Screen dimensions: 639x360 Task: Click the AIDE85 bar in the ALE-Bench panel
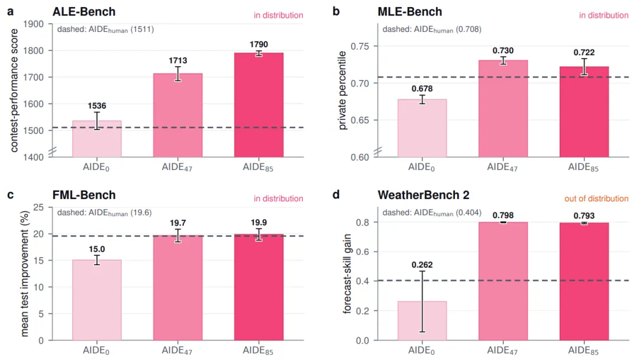[x=259, y=105]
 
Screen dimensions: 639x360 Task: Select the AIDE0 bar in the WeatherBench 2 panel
[x=422, y=321]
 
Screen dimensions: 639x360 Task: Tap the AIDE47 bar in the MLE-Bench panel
[x=504, y=108]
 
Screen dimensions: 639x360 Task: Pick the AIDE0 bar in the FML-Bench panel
[x=97, y=300]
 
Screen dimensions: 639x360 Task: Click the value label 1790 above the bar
[x=259, y=44]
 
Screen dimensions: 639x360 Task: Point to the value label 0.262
[x=422, y=265]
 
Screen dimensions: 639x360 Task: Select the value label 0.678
[x=422, y=89]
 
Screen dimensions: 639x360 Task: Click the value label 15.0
[x=97, y=249]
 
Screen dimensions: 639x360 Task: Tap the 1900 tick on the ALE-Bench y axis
[x=33, y=24]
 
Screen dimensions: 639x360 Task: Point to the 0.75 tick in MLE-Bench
[x=360, y=46]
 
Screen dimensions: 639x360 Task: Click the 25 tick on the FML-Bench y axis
[x=38, y=207]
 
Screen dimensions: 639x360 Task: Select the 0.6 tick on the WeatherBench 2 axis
[x=363, y=252]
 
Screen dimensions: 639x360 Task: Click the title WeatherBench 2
[x=424, y=195]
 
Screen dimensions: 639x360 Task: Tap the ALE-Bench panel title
[x=84, y=11]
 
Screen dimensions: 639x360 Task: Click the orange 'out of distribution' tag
[x=596, y=198]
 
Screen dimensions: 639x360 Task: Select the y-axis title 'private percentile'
[x=343, y=91]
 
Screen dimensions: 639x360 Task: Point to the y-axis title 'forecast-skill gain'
[x=347, y=274]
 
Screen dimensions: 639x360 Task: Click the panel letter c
[x=11, y=195]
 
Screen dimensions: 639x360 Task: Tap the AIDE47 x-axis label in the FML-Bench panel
[x=177, y=351]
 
